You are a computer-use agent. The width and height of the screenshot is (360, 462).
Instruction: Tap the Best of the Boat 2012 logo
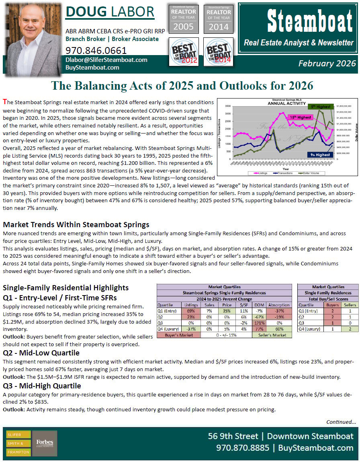[x=183, y=51]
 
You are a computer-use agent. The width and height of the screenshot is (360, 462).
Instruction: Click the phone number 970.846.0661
[x=96, y=51]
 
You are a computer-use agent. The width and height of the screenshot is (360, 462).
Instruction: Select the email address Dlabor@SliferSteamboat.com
[x=106, y=60]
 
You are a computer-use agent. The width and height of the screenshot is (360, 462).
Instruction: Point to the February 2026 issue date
[x=327, y=64]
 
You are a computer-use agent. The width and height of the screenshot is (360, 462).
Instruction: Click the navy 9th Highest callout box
[x=320, y=154]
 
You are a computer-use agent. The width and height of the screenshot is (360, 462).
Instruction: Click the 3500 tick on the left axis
[x=227, y=106]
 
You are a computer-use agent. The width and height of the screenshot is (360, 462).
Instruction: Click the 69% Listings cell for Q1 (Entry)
[x=190, y=311]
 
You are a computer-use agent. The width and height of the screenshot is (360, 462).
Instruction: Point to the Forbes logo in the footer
[x=44, y=443]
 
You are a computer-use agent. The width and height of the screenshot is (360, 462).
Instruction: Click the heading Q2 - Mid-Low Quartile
[x=41, y=353]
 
